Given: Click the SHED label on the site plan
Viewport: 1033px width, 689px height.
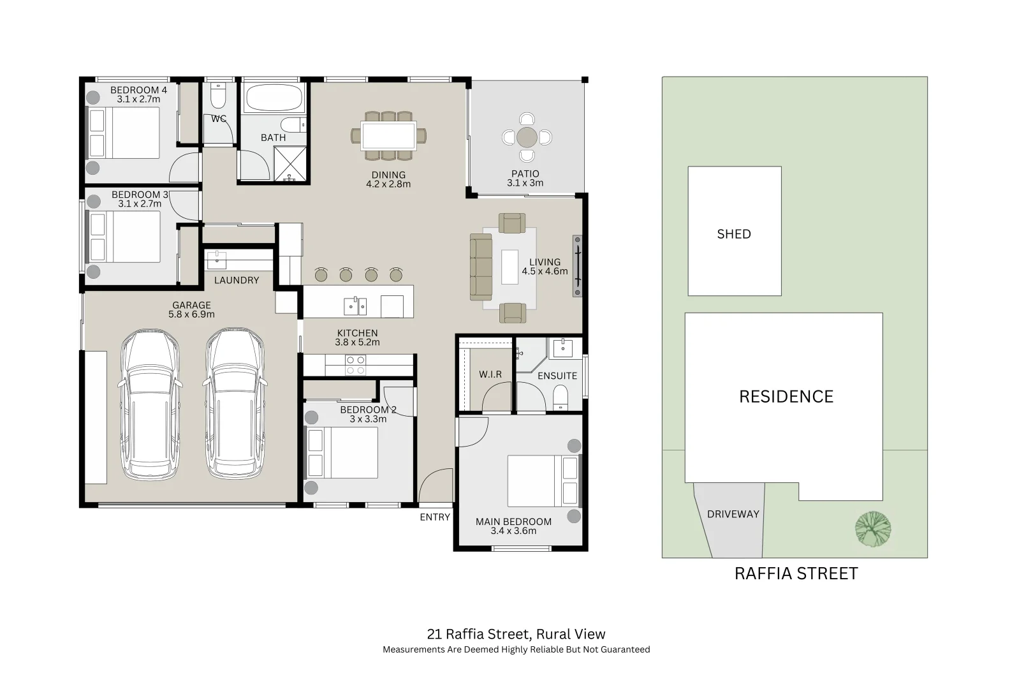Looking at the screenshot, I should [733, 234].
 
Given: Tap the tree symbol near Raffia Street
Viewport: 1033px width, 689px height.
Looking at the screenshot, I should [872, 529].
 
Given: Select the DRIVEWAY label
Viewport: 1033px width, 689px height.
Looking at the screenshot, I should [733, 514].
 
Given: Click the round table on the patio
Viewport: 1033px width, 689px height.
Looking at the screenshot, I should [527, 137].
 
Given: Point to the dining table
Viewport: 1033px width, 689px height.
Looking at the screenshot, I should [388, 136].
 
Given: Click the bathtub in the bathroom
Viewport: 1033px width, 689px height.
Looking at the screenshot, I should [273, 99].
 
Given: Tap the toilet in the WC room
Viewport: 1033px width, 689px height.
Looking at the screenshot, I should [218, 96].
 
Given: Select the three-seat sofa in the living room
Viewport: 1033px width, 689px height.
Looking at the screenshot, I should [481, 267].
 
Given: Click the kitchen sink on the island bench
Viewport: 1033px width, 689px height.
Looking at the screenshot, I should [355, 306].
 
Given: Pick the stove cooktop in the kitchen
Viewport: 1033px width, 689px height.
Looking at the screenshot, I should [355, 365].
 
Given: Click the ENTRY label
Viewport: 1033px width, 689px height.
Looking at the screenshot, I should [435, 517].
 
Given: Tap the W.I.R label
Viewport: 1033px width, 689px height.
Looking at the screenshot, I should [490, 374].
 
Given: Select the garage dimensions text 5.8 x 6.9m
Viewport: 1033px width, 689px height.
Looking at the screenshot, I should [191, 315].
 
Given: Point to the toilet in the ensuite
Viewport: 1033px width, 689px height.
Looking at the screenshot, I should [560, 397].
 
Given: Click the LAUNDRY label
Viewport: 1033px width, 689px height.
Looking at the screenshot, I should [236, 280].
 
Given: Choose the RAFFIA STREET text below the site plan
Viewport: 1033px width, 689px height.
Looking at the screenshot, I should [796, 574].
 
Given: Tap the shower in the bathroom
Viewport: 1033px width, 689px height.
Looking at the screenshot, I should [290, 164].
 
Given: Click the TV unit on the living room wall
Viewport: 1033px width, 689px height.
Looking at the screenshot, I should [578, 266].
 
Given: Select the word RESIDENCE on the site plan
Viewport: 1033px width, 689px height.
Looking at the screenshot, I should [786, 397].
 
